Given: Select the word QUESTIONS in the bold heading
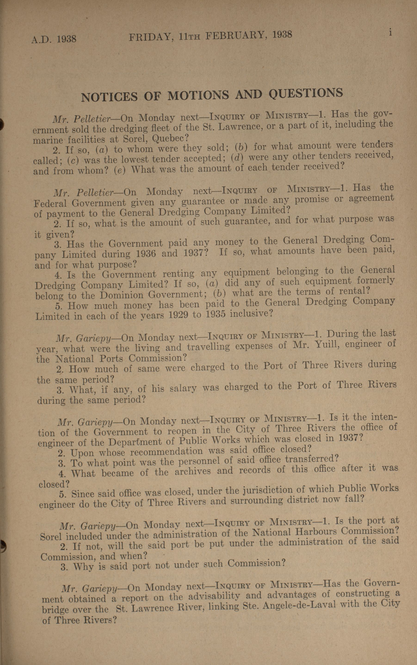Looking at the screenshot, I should tap(306, 93).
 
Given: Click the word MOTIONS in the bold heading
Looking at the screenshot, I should tap(198, 95).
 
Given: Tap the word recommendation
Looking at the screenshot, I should tap(167, 452).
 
